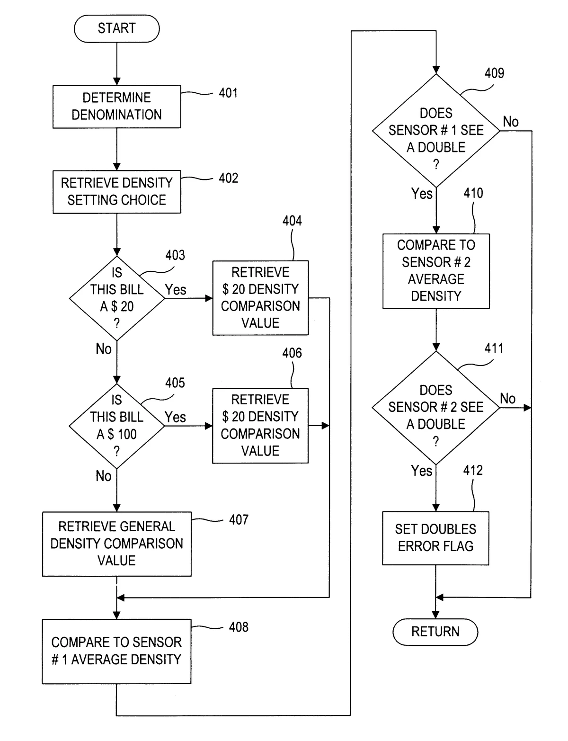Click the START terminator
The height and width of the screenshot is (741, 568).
[x=116, y=28]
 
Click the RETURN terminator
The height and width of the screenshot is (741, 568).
[x=435, y=632]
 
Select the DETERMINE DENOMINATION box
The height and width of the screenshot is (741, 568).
[x=116, y=106]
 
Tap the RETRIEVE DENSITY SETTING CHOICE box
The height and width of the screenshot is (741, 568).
[x=116, y=191]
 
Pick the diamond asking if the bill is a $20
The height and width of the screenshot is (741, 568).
[x=116, y=298]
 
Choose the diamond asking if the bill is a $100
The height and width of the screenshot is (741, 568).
[x=116, y=426]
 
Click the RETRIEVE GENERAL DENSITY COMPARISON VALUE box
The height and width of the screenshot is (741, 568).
[x=116, y=544]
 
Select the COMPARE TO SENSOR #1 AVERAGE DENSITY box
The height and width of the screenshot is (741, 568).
[x=116, y=651]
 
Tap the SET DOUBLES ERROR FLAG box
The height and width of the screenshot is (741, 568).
[x=435, y=538]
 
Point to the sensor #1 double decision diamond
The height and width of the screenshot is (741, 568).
[x=436, y=130]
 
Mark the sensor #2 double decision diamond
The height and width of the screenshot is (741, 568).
[x=436, y=407]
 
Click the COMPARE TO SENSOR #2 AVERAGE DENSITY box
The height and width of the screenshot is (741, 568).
[x=436, y=271]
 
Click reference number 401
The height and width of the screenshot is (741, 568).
[x=228, y=93]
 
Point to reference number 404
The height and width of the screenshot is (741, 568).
[x=292, y=221]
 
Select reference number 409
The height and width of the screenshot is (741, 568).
[x=494, y=73]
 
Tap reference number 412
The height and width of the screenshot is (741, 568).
[x=473, y=470]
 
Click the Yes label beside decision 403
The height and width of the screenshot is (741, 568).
[x=176, y=290]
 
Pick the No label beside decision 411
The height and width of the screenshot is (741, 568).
[x=507, y=399]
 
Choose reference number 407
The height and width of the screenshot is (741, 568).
[x=239, y=520]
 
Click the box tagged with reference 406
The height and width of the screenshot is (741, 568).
[x=260, y=425]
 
